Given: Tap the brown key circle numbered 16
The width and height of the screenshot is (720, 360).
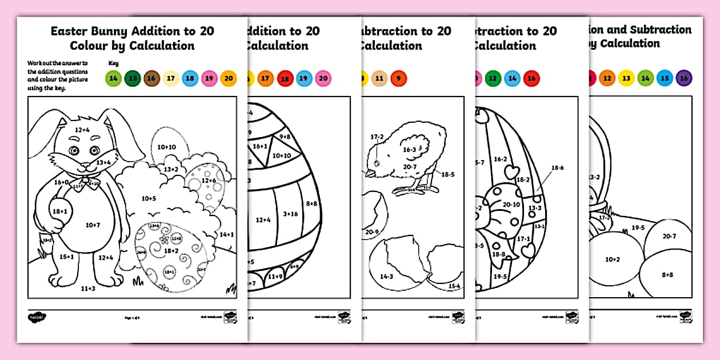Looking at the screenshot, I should (151, 79).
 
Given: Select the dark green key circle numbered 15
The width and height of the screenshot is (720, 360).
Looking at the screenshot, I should (133, 79).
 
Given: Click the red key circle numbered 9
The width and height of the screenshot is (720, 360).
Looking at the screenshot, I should (398, 79).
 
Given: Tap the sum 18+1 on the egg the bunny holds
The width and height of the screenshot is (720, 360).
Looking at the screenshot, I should (60, 211).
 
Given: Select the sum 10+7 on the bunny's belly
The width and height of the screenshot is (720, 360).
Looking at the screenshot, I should (93, 225).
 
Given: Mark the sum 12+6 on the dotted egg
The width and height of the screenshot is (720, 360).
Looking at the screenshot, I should (208, 181).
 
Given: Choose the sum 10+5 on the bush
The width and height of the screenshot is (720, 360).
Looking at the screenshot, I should (149, 198).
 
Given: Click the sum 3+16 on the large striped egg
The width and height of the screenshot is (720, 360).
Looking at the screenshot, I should (290, 214).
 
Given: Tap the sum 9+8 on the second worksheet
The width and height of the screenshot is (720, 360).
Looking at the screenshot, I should (284, 137).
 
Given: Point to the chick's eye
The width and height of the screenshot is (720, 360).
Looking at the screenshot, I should (375, 162).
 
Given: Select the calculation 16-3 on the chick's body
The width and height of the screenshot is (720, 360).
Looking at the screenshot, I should (410, 150).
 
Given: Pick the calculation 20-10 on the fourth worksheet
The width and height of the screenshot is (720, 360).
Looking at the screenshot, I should (511, 205).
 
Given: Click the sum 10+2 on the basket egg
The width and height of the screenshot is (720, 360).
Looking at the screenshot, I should (612, 259).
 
